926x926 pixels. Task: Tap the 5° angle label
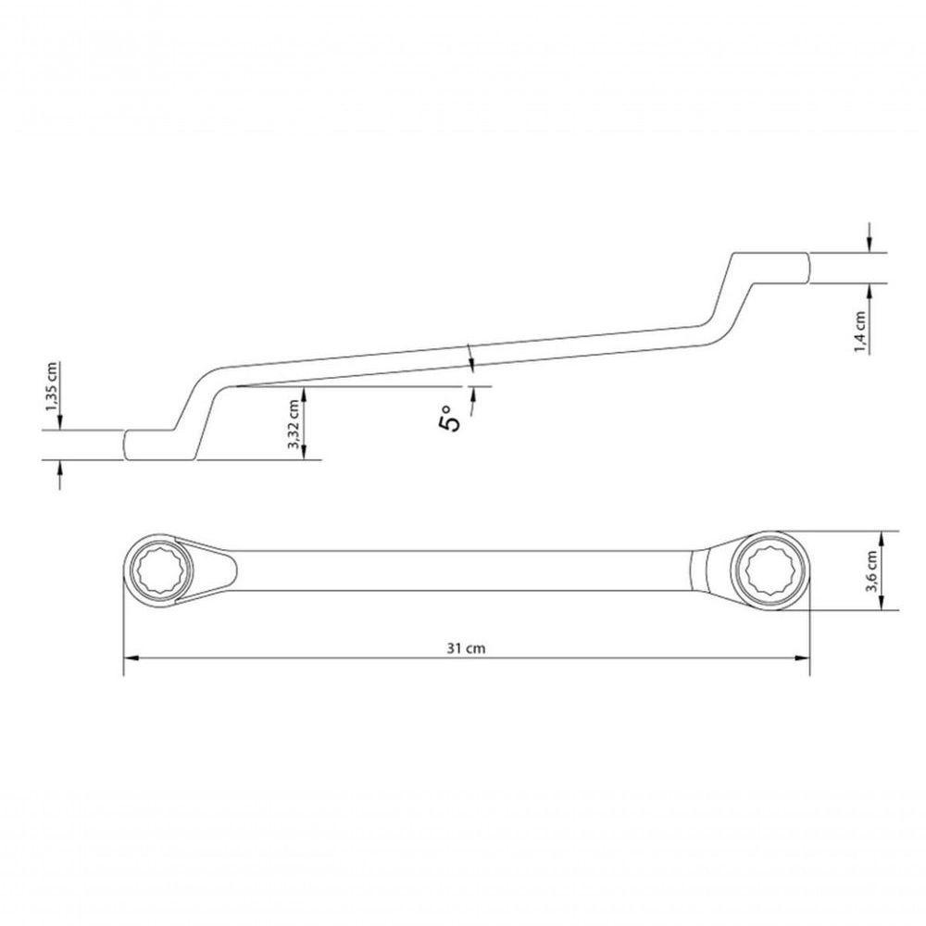tap(451, 419)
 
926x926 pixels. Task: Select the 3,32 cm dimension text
tap(294, 425)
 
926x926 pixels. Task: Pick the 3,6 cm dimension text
tap(871, 570)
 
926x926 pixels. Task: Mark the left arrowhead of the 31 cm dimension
tap(131, 658)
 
